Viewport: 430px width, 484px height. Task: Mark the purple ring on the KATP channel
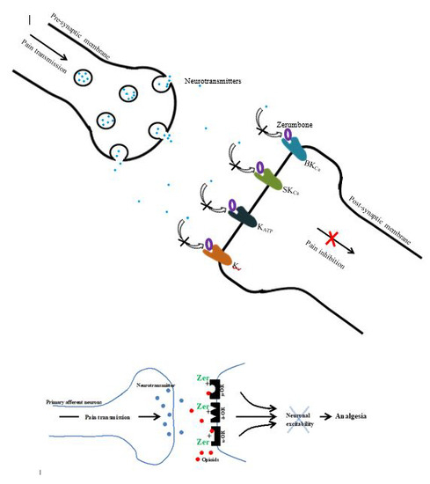233,205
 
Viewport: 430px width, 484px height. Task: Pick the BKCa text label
310,165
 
